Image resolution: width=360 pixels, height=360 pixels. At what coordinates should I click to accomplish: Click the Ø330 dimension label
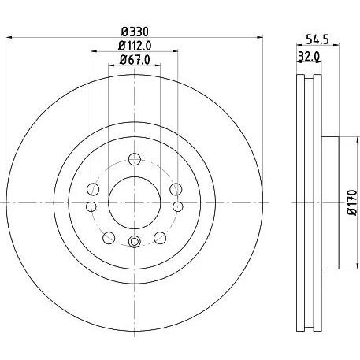click(x=135, y=32)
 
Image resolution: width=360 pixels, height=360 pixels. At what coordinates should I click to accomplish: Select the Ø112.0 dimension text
click(x=135, y=46)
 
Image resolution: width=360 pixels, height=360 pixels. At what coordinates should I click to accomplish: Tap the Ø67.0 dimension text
click(x=135, y=60)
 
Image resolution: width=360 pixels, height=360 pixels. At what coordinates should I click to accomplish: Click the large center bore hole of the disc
click(x=135, y=202)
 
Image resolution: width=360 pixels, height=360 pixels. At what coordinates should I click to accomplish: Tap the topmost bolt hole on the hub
click(x=135, y=159)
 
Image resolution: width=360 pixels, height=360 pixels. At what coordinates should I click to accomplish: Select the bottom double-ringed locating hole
click(x=134, y=242)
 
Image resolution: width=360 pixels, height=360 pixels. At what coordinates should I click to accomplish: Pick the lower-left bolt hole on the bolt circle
click(x=109, y=238)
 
